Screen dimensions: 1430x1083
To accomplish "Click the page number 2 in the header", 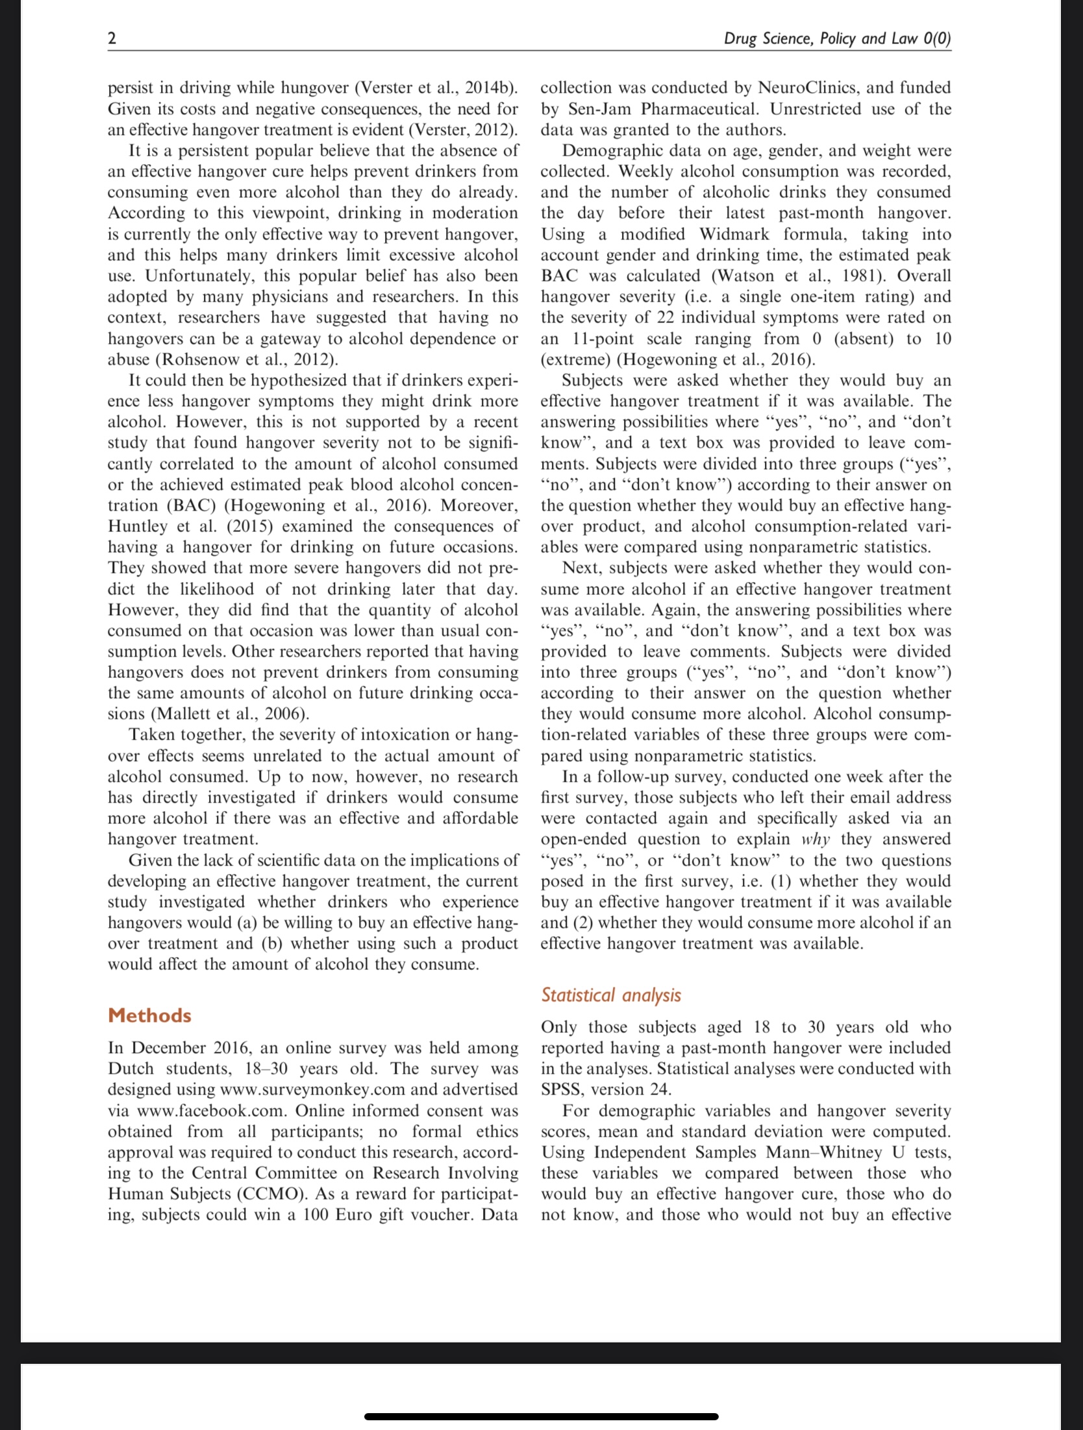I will point(112,38).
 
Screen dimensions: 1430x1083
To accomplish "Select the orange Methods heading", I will point(149,1015).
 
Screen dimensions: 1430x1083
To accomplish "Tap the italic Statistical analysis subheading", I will point(611,995).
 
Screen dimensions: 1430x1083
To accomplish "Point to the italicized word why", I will point(816,839).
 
